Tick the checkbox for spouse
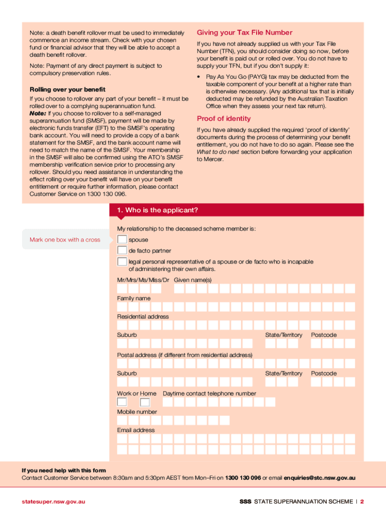coord(122,239)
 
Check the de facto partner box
coord(122,250)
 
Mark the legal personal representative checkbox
coord(122,262)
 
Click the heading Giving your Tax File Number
coord(244,32)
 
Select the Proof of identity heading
coord(224,118)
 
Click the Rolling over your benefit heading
coord(68,89)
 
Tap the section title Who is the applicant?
coord(157,210)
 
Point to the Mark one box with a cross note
coord(65,239)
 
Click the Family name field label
coord(133,298)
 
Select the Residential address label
coord(143,317)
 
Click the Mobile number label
coord(137,412)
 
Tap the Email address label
coord(136,430)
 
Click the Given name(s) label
coord(192,280)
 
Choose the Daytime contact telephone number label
coord(209,394)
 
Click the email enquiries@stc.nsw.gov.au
coord(319,478)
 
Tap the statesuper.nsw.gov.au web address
coord(53,501)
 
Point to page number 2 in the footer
coord(361,501)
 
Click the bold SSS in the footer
coord(245,501)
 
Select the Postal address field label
coord(184,355)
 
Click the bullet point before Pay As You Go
coord(200,77)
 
